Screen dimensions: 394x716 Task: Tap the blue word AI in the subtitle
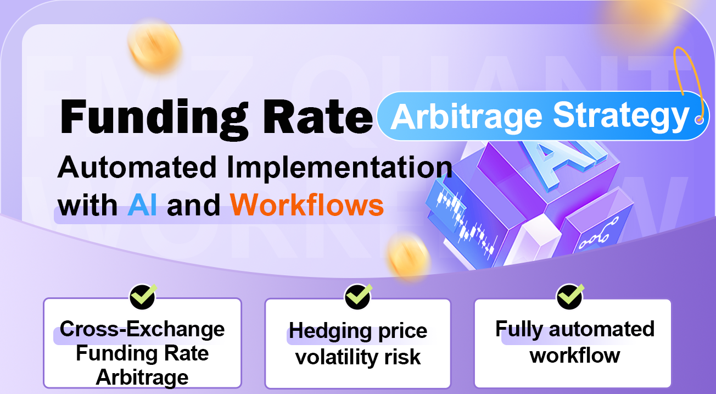142,206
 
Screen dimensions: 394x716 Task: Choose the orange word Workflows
307,206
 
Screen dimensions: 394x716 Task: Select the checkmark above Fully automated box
571,296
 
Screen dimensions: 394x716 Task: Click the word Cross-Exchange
142,329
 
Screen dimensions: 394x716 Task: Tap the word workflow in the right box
574,355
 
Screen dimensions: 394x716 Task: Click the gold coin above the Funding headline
155,43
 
